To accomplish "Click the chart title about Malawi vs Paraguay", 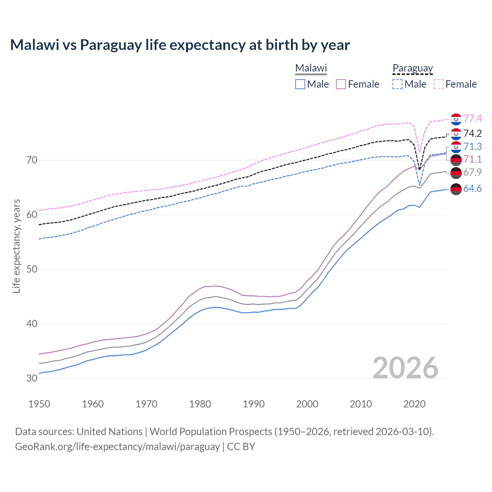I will pyautogui.click(x=180, y=45).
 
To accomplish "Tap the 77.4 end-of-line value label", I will pyautogui.click(x=472, y=118).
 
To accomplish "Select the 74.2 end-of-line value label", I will pyautogui.click(x=472, y=133).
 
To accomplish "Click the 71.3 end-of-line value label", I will pyautogui.click(x=472, y=146).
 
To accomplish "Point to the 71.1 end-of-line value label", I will pyautogui.click(x=472, y=159).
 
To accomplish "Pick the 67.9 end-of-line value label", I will pyautogui.click(x=472, y=172).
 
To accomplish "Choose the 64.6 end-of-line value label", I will pyautogui.click(x=472, y=188).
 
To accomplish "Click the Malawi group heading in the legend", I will pyautogui.click(x=311, y=68).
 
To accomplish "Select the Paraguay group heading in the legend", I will pyautogui.click(x=412, y=68).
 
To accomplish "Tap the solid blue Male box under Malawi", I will pyautogui.click(x=300, y=84).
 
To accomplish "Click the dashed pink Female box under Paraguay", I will pyautogui.click(x=439, y=84).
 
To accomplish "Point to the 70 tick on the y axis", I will pyautogui.click(x=32, y=160).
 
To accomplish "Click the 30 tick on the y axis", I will pyautogui.click(x=32, y=378).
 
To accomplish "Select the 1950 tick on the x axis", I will pyautogui.click(x=39, y=404).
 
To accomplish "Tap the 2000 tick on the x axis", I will pyautogui.click(x=307, y=404).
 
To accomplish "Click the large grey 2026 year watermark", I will pyautogui.click(x=406, y=368).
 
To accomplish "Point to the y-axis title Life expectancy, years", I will pyautogui.click(x=16, y=246).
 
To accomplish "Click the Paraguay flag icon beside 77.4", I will pyautogui.click(x=456, y=119).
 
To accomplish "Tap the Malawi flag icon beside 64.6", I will pyautogui.click(x=456, y=189).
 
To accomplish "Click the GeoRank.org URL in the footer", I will pyautogui.click(x=117, y=447).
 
